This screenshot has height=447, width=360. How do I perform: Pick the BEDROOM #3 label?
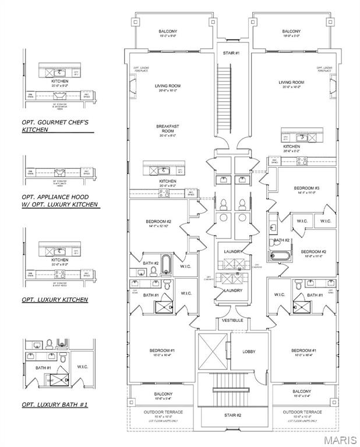pyautogui.click(x=306, y=189)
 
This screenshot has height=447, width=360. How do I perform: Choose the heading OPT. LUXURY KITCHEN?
pyautogui.click(x=55, y=299)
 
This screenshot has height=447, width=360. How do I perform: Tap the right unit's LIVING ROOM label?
pyautogui.click(x=292, y=84)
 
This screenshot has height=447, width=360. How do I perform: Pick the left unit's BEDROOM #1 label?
pyautogui.click(x=160, y=352)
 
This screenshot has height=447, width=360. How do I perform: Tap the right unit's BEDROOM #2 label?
pyautogui.click(x=312, y=253)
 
